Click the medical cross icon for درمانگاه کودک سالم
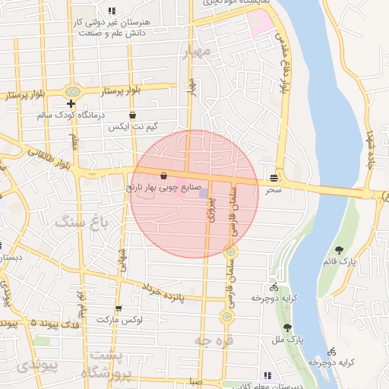tap(71, 103)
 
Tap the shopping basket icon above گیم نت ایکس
tap(133, 115)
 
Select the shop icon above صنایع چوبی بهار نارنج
tap(163, 176)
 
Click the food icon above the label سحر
tap(273, 179)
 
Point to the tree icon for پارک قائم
tap(339, 249)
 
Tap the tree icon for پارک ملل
tap(287, 327)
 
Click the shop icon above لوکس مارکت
tap(118, 308)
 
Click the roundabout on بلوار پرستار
tap(73, 91)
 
